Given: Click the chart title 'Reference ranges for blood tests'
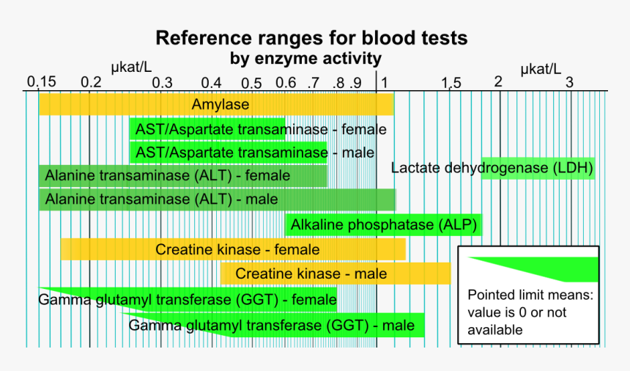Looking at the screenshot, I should (311, 38).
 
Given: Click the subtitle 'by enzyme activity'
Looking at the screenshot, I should (305, 58).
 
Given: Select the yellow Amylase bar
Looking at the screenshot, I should (216, 105).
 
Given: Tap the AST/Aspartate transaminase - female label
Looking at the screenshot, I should (261, 130).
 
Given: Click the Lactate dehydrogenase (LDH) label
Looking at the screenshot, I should (492, 168).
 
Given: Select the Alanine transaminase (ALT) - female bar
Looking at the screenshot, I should (183, 176).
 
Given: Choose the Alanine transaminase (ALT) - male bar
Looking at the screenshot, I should (216, 199).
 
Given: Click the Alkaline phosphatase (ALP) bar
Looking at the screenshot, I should (383, 225).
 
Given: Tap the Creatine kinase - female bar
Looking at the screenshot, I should (233, 249).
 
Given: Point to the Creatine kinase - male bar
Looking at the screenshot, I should (336, 274).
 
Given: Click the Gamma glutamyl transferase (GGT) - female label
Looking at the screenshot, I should (186, 299).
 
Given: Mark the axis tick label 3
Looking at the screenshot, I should (568, 81).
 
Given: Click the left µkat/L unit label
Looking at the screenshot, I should (131, 67).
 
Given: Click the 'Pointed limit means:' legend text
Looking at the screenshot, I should (530, 296).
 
